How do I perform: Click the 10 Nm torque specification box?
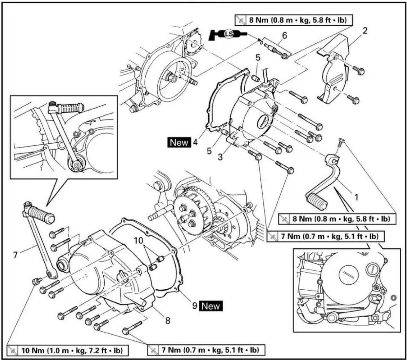click(x=67, y=351)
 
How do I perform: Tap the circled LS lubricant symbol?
click(x=229, y=34)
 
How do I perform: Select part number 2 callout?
click(x=365, y=31)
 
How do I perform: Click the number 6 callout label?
click(x=284, y=36)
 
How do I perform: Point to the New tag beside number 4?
click(x=179, y=142)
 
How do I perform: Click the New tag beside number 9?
click(x=211, y=306)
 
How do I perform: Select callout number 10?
click(x=138, y=241)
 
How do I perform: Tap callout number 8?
click(x=168, y=320)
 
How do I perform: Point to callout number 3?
click(x=221, y=157)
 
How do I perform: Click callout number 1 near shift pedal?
click(x=356, y=197)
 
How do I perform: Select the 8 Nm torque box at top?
click(x=294, y=20)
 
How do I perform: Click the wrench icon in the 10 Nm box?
click(x=13, y=351)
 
